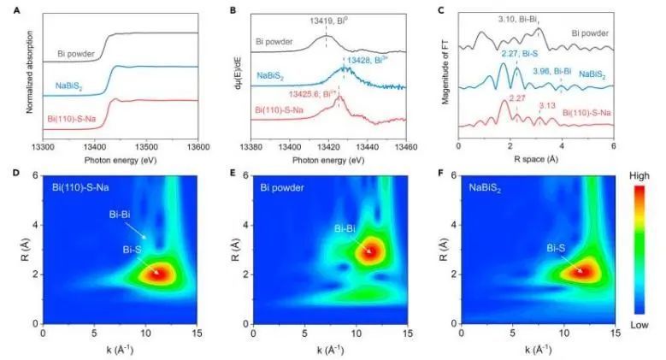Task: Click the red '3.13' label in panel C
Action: [546, 107]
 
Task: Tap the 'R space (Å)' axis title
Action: [535, 158]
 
